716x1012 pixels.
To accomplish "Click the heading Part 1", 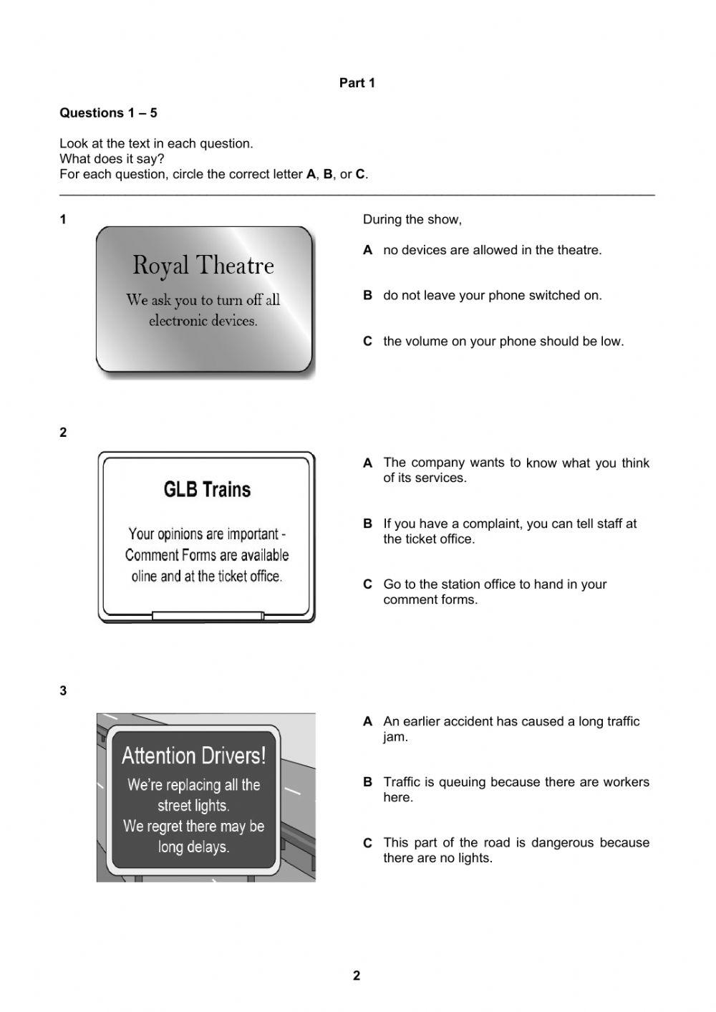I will coord(357,83).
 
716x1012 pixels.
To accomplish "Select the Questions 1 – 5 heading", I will coord(108,113).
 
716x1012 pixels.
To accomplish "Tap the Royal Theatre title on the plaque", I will coord(203,266).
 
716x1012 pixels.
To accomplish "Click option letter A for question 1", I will coord(368,250).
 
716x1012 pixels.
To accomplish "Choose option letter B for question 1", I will coord(368,295).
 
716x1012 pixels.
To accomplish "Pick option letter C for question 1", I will coord(368,342).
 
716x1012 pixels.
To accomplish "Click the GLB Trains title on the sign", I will coord(207,490).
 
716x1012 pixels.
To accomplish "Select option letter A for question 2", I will coord(368,463).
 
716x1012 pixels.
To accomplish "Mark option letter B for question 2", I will coord(368,524).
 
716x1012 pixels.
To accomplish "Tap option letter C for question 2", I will coord(368,584).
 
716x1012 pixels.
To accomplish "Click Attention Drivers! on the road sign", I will coord(193,756).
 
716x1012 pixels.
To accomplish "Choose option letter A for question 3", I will coord(368,722).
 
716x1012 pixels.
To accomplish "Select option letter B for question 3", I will coord(368,782).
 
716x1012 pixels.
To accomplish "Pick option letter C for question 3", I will coord(368,843).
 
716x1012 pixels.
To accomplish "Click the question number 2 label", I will coord(64,433).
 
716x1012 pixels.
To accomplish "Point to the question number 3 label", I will coord(64,691).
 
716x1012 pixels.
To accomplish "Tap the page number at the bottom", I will coord(357,975).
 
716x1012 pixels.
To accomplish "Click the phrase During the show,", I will coord(412,220).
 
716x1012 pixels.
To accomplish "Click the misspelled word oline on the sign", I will coord(145,576).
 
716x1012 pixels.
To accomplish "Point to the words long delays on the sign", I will coord(193,847).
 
